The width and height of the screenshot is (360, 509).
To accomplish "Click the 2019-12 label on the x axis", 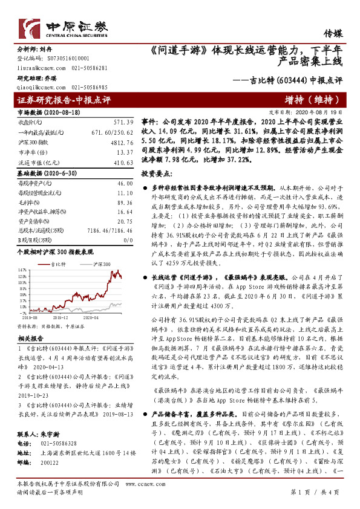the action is pyautogui.click(x=60, y=317).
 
